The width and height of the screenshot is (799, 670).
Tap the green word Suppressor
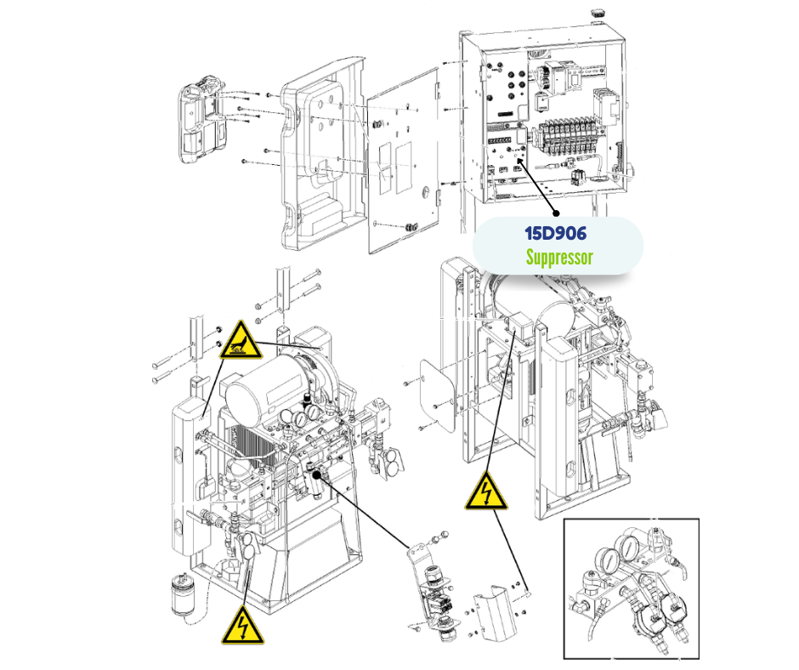pos(558,257)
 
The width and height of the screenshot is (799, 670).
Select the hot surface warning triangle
pos(240,341)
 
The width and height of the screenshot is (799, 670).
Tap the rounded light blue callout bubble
pos(558,245)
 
